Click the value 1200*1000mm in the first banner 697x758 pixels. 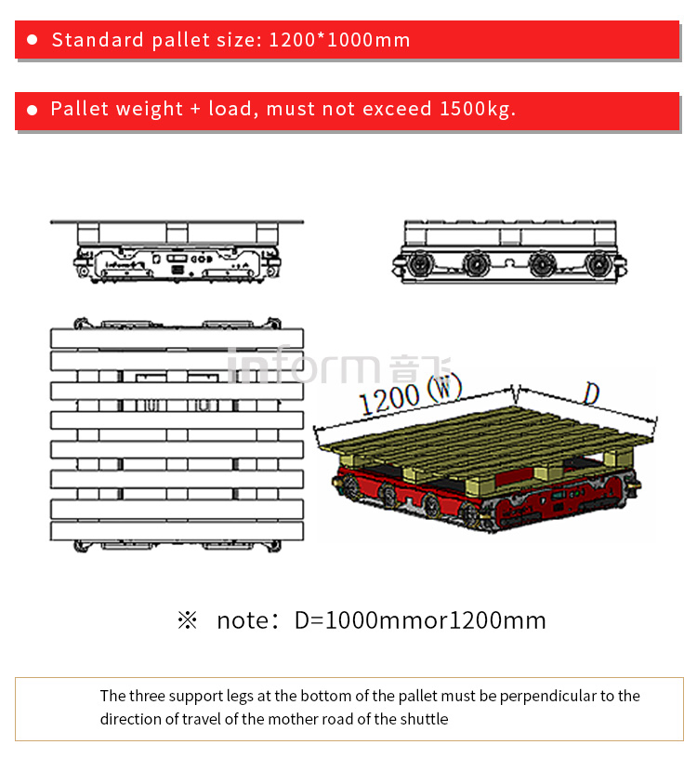(x=339, y=40)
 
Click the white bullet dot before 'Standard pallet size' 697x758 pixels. (x=32, y=40)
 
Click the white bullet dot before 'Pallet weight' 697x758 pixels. (x=32, y=110)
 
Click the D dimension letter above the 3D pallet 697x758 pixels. (x=590, y=393)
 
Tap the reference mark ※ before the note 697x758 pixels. (x=188, y=620)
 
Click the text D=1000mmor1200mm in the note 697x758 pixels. (x=420, y=620)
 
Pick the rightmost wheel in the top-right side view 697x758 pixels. (x=597, y=265)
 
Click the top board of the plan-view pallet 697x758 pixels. (x=177, y=338)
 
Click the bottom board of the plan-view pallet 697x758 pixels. (x=177, y=532)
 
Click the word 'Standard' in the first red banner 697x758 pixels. (x=98, y=40)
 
